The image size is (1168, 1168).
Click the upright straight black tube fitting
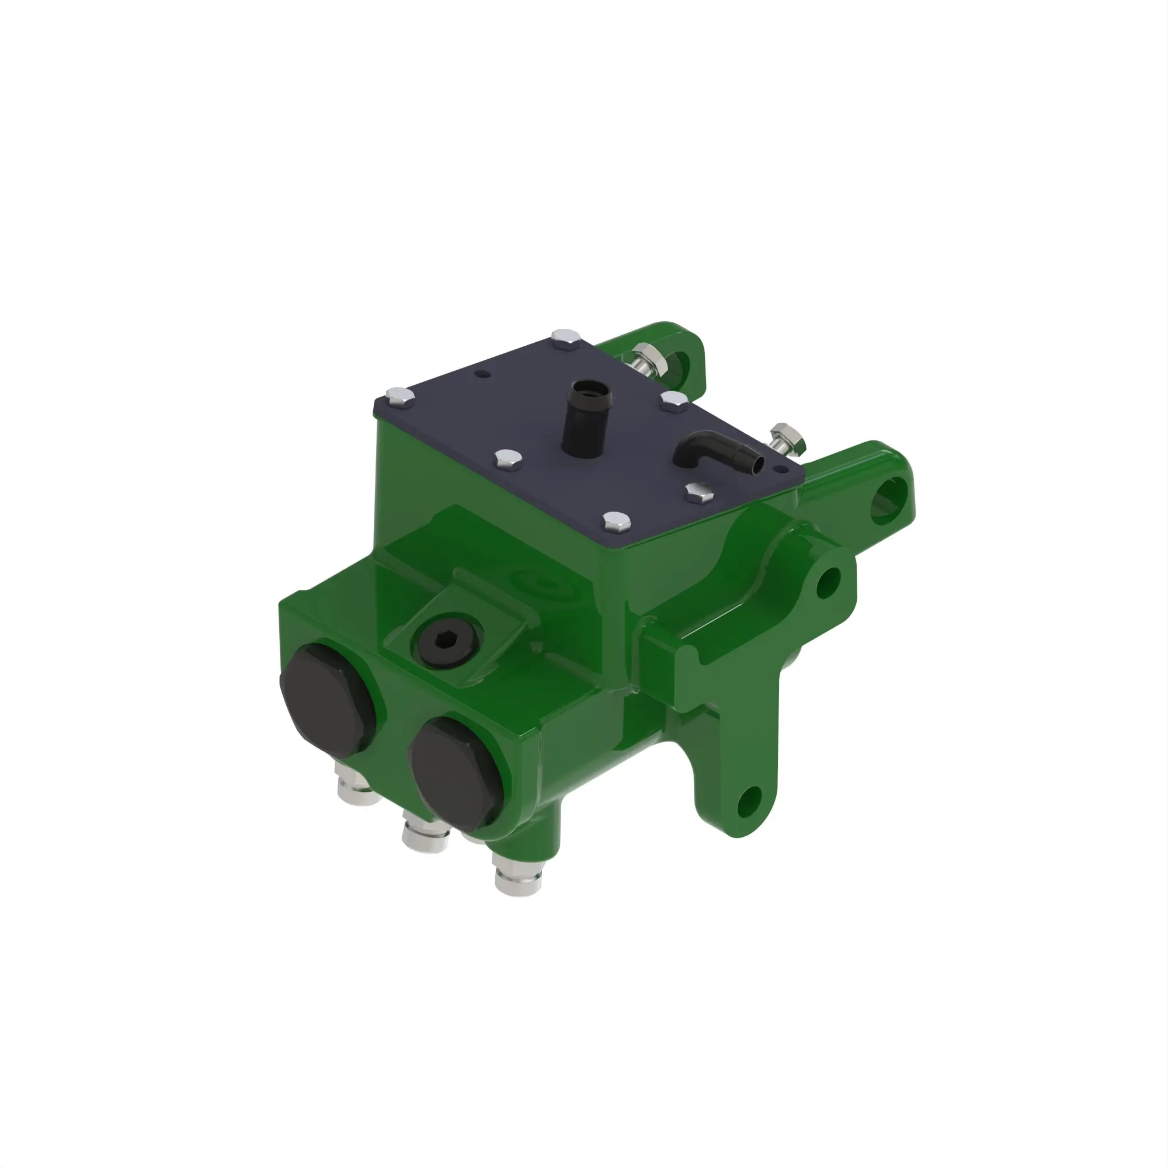[585, 423]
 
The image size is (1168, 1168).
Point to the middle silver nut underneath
[425, 836]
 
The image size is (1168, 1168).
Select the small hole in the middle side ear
[828, 583]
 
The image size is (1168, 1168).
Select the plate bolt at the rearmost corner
[566, 338]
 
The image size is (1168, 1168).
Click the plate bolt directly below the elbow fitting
[699, 493]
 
